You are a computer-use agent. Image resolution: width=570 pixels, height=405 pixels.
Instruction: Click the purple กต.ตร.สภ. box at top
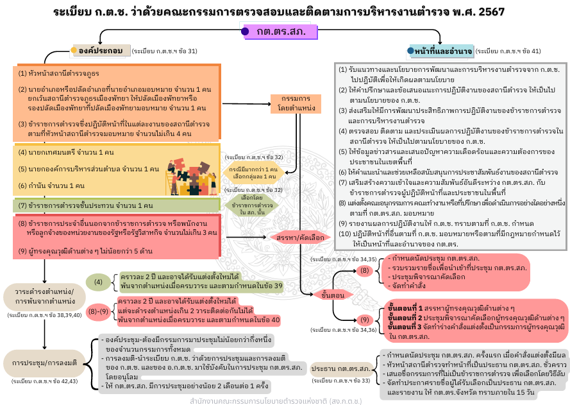click(281, 31)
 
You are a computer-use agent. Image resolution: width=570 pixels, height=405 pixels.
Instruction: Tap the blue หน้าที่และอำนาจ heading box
click(443, 50)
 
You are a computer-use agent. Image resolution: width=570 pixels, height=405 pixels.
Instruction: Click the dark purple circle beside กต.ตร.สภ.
click(245, 31)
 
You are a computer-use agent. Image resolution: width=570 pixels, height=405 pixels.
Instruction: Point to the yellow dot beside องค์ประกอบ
click(74, 50)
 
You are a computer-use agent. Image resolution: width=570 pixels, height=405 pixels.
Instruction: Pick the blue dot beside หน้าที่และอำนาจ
click(411, 50)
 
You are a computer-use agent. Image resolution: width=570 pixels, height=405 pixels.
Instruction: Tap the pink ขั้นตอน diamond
click(331, 295)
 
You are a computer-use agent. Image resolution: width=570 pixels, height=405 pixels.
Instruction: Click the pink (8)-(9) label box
click(98, 312)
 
